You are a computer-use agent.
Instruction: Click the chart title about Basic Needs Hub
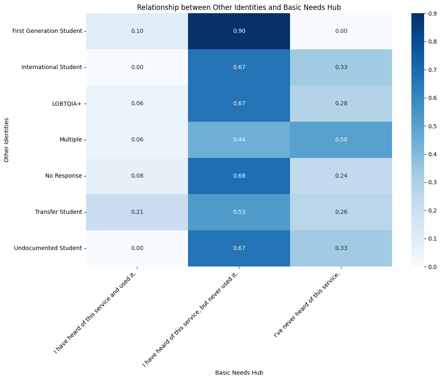239,7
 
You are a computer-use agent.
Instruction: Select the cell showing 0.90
239,31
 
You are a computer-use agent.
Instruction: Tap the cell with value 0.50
341,140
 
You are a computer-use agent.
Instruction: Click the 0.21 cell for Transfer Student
137,212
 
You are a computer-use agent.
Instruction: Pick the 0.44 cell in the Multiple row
239,140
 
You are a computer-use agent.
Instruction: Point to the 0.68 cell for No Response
239,176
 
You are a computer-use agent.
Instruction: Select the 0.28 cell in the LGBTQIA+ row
341,104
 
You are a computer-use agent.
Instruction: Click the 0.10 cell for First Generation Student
137,31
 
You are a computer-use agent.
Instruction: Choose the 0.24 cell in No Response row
341,176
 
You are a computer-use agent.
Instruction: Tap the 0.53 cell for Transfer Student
239,212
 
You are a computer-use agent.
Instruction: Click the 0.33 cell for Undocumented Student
341,248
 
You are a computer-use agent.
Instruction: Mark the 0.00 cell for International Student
137,67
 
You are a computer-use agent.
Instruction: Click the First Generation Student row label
47,31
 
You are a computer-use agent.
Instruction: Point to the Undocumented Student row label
48,248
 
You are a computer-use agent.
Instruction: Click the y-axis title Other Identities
7,140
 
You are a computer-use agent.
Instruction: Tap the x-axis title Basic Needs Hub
239,373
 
